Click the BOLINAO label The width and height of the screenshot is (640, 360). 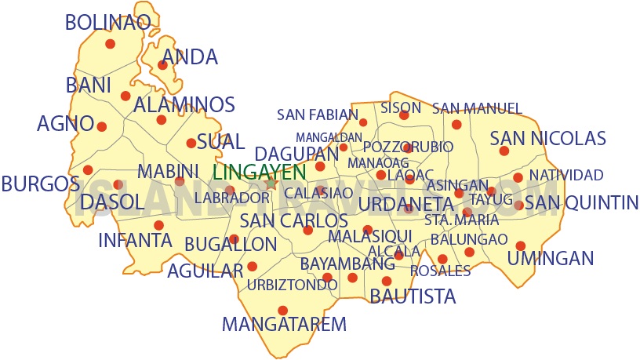coord(107,22)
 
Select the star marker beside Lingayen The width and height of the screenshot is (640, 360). coord(271,183)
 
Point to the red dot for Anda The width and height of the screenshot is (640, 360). coord(163,65)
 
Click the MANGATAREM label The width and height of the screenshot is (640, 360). coord(284,323)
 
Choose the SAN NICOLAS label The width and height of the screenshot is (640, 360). coord(547,139)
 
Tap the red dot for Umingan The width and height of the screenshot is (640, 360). coord(521,245)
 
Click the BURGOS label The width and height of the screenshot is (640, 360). coord(40,184)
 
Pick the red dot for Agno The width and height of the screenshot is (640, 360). coord(101,125)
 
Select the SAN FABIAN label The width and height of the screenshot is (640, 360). coord(317,115)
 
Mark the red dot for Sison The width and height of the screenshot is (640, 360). coord(404,115)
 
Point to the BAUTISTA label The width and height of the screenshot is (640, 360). coord(412,296)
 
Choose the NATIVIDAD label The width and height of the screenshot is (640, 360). coord(565,175)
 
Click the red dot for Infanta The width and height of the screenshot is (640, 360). coord(158,225)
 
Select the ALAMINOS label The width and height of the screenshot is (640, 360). coord(184,105)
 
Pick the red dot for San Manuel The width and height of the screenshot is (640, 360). coord(456,124)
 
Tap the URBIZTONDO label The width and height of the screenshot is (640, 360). coord(292,285)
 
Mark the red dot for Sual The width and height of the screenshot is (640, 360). coord(191,143)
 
